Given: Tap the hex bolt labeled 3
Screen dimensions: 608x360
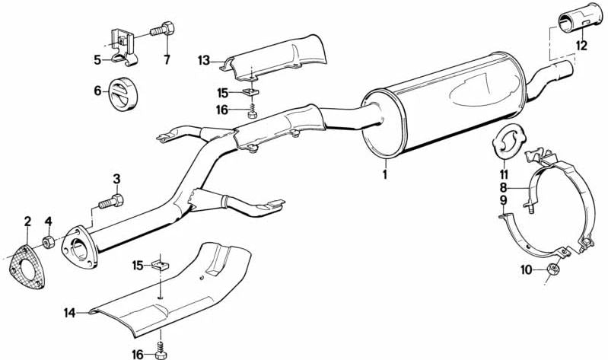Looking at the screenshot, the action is [x=111, y=202].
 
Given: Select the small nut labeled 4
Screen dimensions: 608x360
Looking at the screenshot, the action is [x=48, y=243].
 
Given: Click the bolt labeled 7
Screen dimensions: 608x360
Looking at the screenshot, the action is [x=162, y=29].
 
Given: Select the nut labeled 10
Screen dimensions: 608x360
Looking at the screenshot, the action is [x=553, y=268].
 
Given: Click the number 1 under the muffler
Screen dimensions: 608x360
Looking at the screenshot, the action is [x=384, y=174].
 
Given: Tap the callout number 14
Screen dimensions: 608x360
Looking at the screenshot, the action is [x=70, y=313].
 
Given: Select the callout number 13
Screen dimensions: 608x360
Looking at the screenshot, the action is [x=204, y=61].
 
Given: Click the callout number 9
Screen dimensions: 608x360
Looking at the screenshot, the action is [x=503, y=200].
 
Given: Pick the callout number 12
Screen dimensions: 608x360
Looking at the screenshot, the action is [x=581, y=46].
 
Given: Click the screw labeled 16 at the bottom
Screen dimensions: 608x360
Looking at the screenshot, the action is [x=160, y=348].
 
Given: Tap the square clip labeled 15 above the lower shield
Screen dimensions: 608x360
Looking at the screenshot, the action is [x=160, y=266].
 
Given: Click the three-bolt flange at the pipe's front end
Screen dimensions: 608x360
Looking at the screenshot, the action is [x=80, y=247].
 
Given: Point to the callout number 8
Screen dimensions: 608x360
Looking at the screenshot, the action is [x=503, y=187].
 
